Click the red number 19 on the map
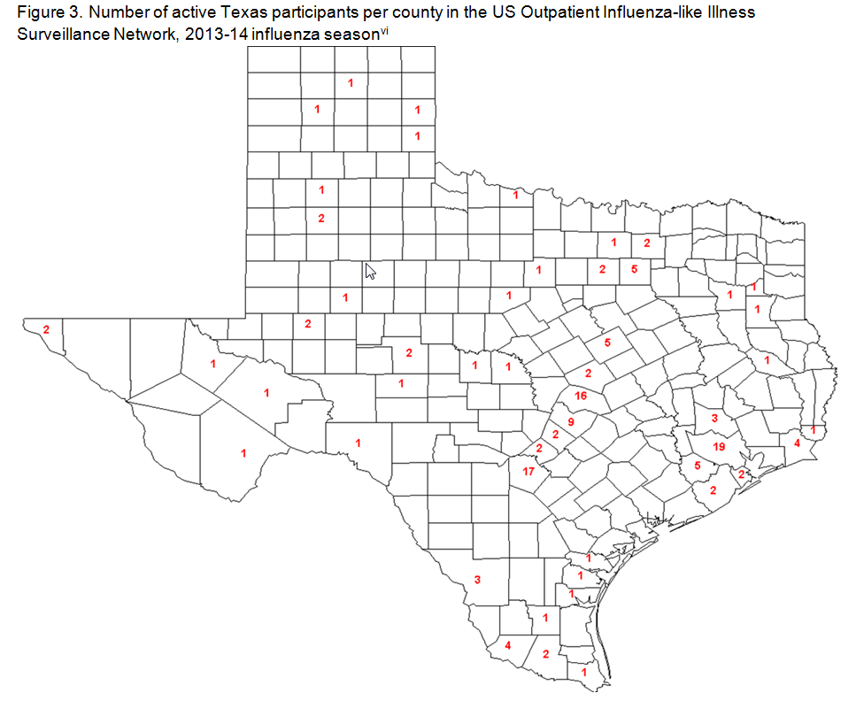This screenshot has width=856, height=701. (719, 447)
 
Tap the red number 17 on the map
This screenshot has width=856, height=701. (528, 471)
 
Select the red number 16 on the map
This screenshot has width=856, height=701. (581, 396)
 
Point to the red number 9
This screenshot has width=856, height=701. (571, 422)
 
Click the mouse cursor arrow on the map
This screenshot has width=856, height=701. (371, 272)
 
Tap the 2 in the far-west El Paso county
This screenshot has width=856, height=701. (46, 329)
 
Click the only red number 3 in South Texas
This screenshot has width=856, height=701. (477, 580)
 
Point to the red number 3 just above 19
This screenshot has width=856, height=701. (713, 417)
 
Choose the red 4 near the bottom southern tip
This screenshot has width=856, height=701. (507, 645)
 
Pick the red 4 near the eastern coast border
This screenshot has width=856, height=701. (797, 443)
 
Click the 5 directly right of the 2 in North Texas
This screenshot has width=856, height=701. (634, 268)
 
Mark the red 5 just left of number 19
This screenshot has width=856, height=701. (697, 465)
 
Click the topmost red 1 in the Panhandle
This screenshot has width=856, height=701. (351, 82)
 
